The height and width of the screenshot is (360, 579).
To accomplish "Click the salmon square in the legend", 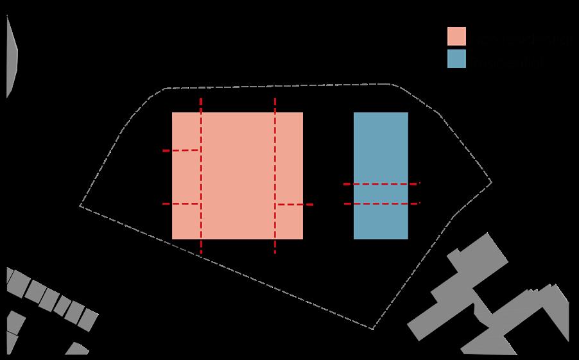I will pyautogui.click(x=456, y=37).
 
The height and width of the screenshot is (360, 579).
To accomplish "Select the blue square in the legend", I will pyautogui.click(x=456, y=59).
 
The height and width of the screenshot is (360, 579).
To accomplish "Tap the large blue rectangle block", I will pyautogui.click(x=381, y=148).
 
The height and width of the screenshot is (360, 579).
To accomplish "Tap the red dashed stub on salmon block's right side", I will pyautogui.click(x=295, y=205).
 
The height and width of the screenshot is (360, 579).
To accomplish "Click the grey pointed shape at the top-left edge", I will pyautogui.click(x=11, y=56).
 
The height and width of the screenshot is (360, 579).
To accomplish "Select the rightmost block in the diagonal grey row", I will pyautogui.click(x=90, y=319).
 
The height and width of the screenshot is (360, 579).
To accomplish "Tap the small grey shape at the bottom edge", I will pyautogui.click(x=77, y=349).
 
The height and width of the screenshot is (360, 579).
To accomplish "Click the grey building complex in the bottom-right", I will pyautogui.click(x=462, y=289).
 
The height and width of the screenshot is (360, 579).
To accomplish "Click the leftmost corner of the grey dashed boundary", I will pyautogui.click(x=80, y=206).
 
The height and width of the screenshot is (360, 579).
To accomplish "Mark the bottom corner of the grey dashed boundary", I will pyautogui.click(x=372, y=329).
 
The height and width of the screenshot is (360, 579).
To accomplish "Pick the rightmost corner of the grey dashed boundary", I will pyautogui.click(x=492, y=182).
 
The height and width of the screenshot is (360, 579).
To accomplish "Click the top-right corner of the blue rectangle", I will pyautogui.click(x=408, y=113).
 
